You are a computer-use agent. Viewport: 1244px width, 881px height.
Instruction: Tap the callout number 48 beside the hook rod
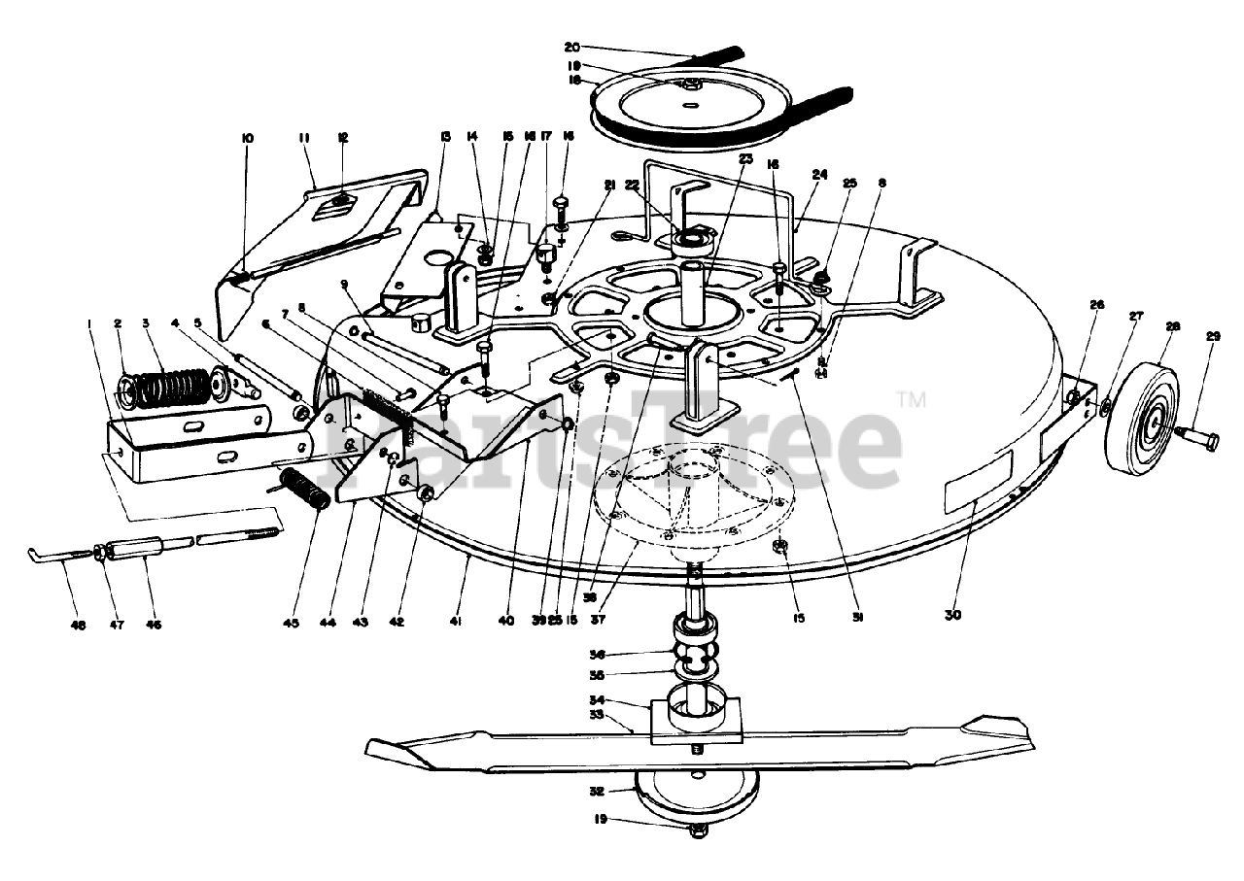[x=79, y=627]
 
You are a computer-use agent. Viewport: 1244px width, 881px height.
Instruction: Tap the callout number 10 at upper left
[x=247, y=139]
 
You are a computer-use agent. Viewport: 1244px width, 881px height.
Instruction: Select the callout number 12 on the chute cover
[x=342, y=139]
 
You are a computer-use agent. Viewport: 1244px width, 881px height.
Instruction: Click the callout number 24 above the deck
[x=819, y=176]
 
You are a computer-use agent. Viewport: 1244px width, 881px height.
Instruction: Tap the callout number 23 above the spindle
[x=745, y=159]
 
